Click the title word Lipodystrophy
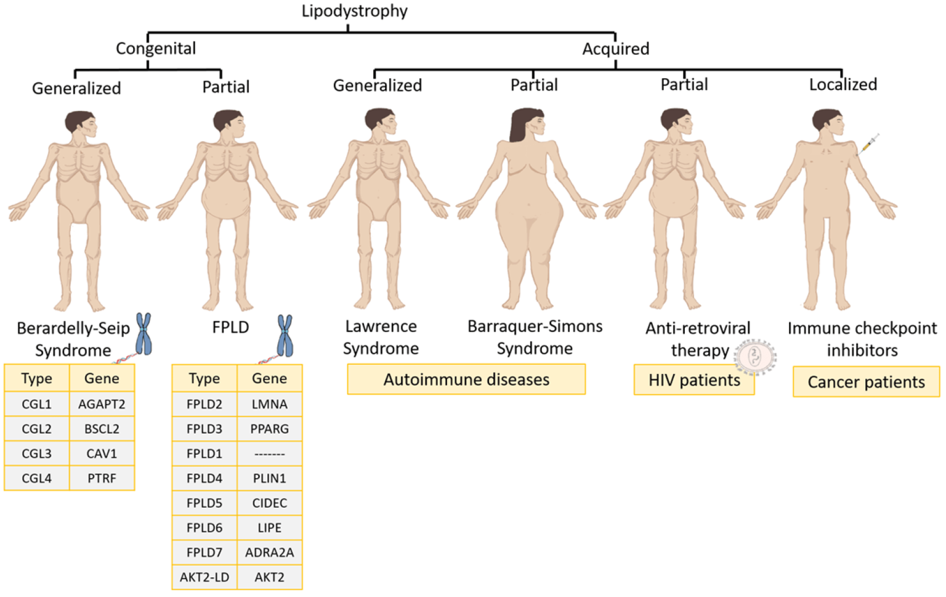coord(354,12)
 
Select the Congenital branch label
coord(156,49)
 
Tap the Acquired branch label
coord(616,49)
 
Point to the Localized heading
coord(843,84)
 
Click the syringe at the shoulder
coord(868,144)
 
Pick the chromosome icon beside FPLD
coord(285,336)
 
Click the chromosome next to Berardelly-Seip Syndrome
coord(144,334)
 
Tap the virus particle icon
coord(755,357)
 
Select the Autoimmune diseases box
coord(466,380)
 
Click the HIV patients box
coord(694,380)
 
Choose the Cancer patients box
coord(866,382)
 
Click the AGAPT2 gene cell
coord(102,404)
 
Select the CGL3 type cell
coord(37,453)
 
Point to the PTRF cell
coord(102,478)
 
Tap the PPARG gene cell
coord(269,429)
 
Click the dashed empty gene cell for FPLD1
coord(269,454)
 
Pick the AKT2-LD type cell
coord(204,577)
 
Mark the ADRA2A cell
coord(269,552)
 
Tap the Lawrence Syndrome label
coord(381,337)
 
